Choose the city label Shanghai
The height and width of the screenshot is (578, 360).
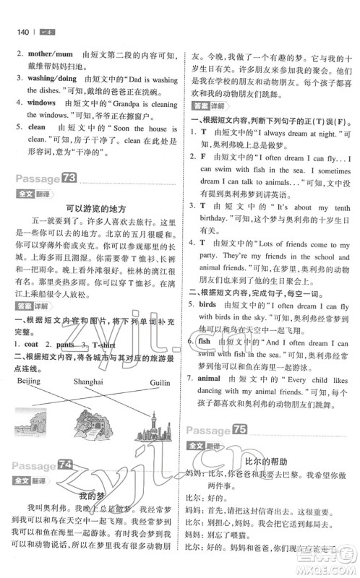point(88,382)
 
